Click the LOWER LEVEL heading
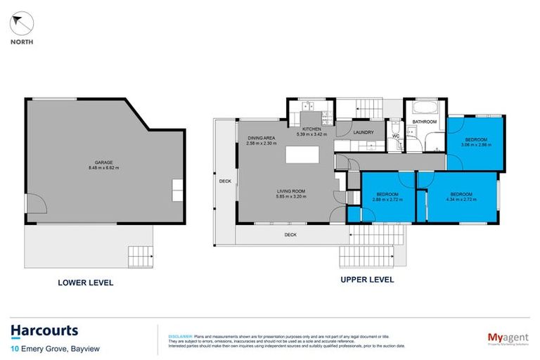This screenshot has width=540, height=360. (x=86, y=283)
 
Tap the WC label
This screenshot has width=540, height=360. (x=395, y=136)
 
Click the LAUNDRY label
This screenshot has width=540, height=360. (x=363, y=131)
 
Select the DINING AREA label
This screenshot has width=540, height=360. (x=261, y=138)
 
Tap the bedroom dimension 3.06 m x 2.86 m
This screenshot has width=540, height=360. (x=475, y=146)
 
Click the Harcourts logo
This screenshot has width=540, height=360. (x=44, y=330)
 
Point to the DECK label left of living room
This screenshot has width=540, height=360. (x=225, y=181)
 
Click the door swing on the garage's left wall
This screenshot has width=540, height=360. (x=37, y=205)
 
